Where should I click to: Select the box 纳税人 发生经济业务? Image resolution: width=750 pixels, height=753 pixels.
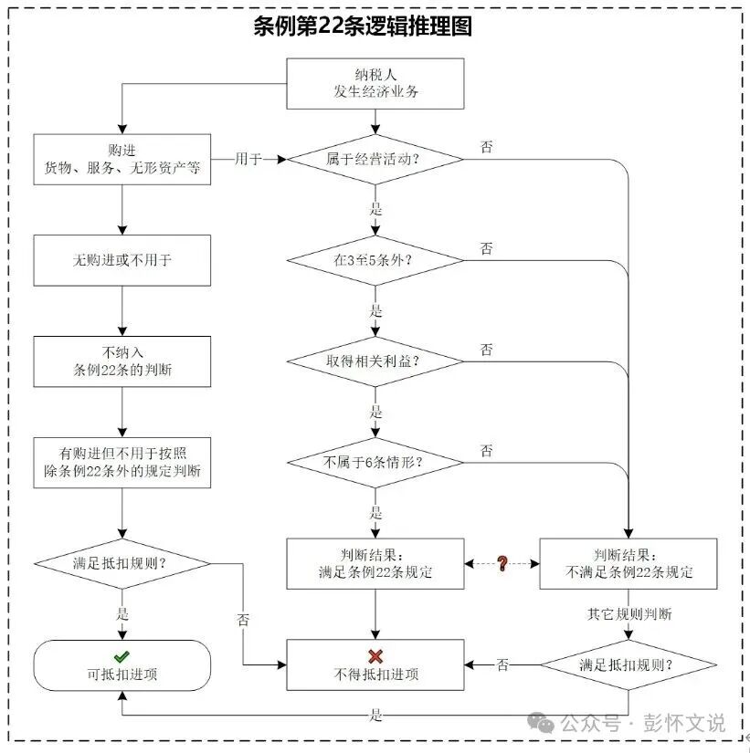tap(375, 83)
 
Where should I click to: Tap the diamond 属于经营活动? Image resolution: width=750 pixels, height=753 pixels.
tap(375, 159)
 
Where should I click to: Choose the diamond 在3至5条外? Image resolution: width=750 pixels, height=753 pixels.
tap(375, 260)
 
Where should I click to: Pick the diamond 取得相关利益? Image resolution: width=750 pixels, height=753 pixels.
tap(375, 361)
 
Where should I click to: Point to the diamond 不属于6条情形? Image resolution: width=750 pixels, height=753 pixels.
tap(375, 461)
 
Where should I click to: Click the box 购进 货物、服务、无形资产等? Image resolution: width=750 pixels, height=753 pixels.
tap(122, 159)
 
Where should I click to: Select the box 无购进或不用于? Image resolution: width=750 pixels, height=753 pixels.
tap(122, 260)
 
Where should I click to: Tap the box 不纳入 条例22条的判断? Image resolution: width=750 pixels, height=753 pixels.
tap(122, 361)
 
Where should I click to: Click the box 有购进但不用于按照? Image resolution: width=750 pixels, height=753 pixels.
tap(122, 463)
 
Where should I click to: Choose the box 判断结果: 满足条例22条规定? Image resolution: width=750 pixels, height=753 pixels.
tap(375, 563)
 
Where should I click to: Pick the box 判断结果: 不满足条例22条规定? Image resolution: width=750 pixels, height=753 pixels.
tap(629, 563)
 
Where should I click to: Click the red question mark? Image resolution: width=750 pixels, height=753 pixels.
tap(502, 563)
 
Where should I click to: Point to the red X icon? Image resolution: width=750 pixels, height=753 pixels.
tap(375, 655)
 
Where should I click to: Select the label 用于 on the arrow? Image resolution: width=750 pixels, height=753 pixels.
tap(248, 159)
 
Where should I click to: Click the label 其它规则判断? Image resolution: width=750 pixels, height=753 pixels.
tap(629, 614)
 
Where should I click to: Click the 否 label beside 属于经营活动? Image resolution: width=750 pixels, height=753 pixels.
tap(487, 146)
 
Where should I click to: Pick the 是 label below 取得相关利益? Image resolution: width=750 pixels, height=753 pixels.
tap(375, 411)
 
